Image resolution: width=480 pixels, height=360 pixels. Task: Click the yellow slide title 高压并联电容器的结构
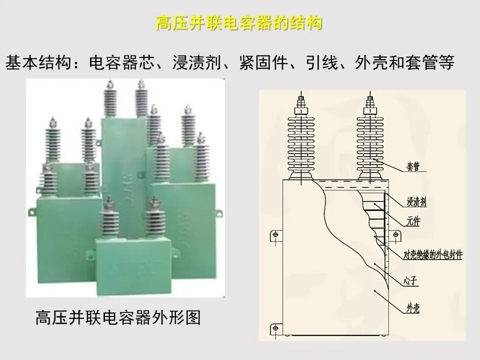pyautogui.click(x=238, y=23)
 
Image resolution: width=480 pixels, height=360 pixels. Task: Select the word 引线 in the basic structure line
pyautogui.click(x=323, y=63)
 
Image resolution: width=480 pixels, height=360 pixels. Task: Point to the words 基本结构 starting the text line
pyautogui.click(x=35, y=63)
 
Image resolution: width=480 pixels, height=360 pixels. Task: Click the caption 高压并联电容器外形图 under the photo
pyautogui.click(x=117, y=317)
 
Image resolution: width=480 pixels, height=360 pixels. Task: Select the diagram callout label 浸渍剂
pyautogui.click(x=416, y=202)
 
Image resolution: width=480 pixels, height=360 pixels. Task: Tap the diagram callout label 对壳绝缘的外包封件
pyautogui.click(x=432, y=254)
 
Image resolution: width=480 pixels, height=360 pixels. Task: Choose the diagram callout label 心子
pyautogui.click(x=410, y=281)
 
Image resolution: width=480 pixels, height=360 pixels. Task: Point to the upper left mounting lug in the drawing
pyautogui.click(x=274, y=234)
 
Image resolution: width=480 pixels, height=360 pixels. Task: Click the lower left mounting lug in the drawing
pyautogui.click(x=274, y=327)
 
